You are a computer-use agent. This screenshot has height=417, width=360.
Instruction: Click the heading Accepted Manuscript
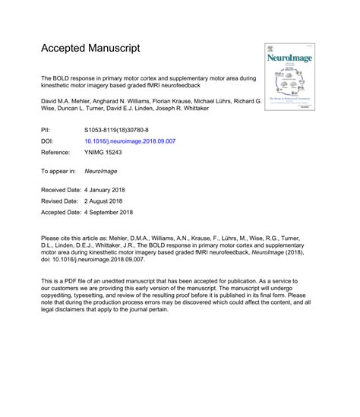click(x=90, y=48)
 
